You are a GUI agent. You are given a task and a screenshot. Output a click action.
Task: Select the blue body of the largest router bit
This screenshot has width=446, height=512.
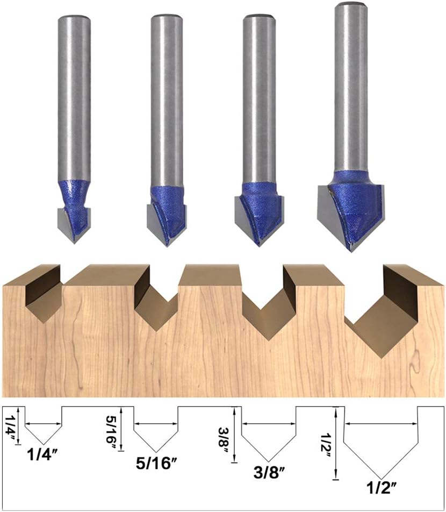pyautogui.click(x=352, y=204)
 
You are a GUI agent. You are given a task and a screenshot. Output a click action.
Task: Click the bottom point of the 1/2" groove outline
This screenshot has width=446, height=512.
pyautogui.click(x=380, y=478)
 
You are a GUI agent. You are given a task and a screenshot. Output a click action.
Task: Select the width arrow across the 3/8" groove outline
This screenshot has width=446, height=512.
pyautogui.click(x=269, y=424)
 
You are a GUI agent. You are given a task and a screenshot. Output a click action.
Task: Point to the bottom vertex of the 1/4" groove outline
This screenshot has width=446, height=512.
pyautogui.click(x=44, y=444)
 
